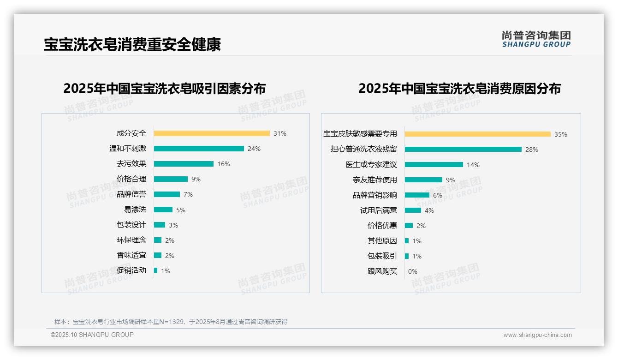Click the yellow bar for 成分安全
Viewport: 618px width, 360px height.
[x=212, y=133]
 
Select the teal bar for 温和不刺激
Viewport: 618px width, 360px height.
[x=199, y=149]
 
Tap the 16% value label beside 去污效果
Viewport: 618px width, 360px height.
[x=224, y=164]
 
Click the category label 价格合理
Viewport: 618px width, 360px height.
[x=131, y=179]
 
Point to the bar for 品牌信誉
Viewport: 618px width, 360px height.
[x=167, y=194]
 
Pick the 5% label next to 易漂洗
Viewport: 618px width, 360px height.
[x=181, y=210]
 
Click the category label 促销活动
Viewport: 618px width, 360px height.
[x=131, y=270]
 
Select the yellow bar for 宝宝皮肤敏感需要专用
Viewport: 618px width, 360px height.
[x=478, y=134]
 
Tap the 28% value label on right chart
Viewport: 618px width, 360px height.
[x=532, y=150]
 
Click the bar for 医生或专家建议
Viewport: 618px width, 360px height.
[x=434, y=165]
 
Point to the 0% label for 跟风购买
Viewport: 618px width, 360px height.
[x=413, y=271]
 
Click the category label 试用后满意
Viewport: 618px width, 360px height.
[x=379, y=210]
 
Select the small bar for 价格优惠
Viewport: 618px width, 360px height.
[x=409, y=226]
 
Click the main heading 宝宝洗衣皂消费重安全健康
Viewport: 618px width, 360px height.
[x=132, y=44]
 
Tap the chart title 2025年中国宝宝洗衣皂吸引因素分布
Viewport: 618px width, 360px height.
[x=165, y=88]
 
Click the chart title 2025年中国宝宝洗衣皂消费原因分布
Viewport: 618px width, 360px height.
[x=459, y=88]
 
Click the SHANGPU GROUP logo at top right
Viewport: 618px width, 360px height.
[x=536, y=39]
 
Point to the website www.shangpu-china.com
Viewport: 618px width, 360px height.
[x=537, y=335]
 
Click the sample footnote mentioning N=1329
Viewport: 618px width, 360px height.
[x=171, y=322]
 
